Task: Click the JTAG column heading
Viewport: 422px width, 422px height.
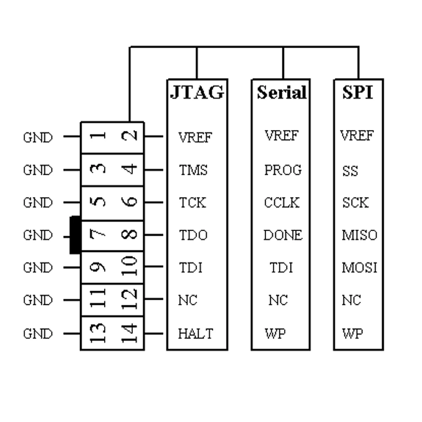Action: pos(197,92)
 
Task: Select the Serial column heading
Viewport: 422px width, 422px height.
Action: pos(281,92)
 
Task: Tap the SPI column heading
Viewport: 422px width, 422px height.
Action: pos(358,92)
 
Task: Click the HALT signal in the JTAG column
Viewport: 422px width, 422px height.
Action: pos(195,334)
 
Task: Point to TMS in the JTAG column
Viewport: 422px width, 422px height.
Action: pos(193,170)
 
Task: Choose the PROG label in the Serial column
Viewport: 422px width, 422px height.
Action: pos(283,170)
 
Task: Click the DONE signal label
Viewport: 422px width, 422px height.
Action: pos(283,235)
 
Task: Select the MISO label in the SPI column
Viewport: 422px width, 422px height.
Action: pos(359,235)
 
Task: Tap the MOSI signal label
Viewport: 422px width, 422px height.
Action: pos(359,268)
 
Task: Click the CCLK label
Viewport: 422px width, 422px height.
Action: pos(281,203)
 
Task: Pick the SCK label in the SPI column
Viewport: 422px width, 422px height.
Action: pos(355,203)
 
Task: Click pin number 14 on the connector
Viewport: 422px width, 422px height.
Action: pos(131,333)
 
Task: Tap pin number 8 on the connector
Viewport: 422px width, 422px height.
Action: pos(131,234)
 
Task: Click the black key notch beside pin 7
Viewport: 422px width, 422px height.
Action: pos(75,235)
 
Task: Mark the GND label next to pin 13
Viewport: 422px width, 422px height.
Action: pos(38,334)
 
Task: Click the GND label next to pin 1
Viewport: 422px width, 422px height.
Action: pos(38,138)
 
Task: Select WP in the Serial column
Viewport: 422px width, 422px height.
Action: pos(275,334)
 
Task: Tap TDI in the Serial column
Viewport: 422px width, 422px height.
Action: pos(281,268)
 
